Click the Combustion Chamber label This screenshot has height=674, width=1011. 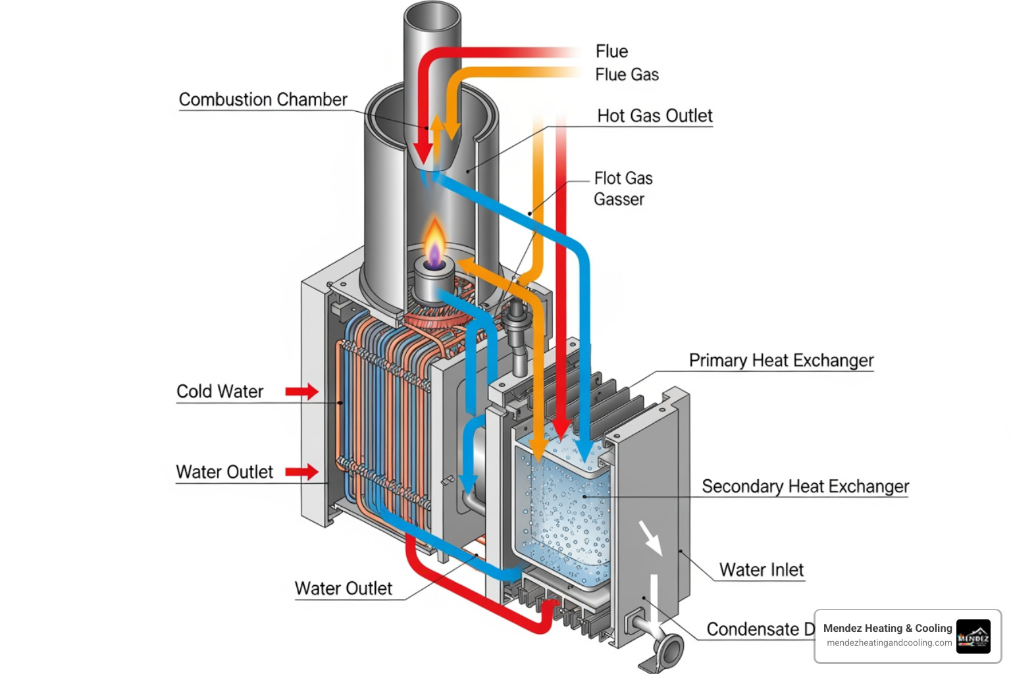coord(263,99)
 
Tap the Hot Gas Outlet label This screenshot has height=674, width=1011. coord(654,116)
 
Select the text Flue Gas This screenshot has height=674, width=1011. coord(627,75)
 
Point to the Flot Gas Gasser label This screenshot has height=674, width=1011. coord(622,189)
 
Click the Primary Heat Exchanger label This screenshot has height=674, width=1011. coord(781,361)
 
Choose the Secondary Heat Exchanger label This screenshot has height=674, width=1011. coord(804,486)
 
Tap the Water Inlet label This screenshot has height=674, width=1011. coord(761,570)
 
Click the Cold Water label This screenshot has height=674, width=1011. coord(220,392)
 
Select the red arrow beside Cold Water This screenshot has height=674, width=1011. coord(301,392)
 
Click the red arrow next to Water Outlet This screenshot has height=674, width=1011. coord(301,472)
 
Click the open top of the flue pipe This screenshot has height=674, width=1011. coord(432,16)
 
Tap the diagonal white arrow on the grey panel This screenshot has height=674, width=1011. coord(650,537)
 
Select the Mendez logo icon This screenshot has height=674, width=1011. coord(973,636)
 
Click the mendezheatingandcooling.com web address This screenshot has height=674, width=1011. coord(889,643)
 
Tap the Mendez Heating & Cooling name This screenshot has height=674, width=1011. coord(887,628)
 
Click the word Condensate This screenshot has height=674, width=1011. coord(752,629)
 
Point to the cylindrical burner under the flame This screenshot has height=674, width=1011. coord(433,279)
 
